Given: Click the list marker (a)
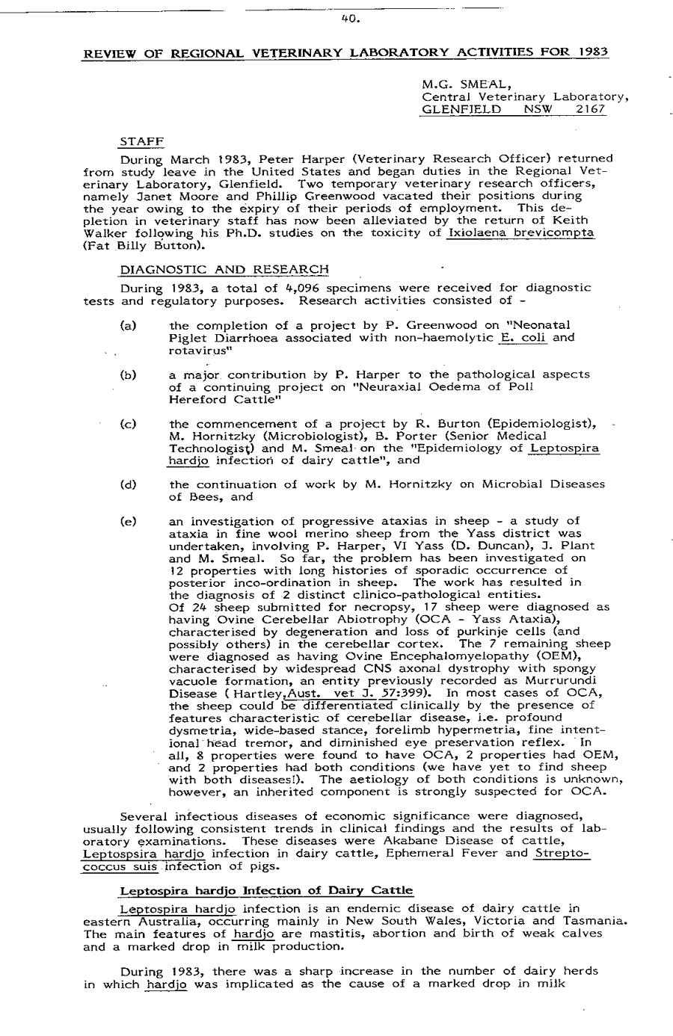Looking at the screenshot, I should (127, 325).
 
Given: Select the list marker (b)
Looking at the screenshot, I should (127, 374).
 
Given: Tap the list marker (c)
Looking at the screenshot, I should (127, 424).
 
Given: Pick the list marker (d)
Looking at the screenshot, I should (127, 484).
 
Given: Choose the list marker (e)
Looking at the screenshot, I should (127, 521).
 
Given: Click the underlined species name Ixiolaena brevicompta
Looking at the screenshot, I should (520, 233).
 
